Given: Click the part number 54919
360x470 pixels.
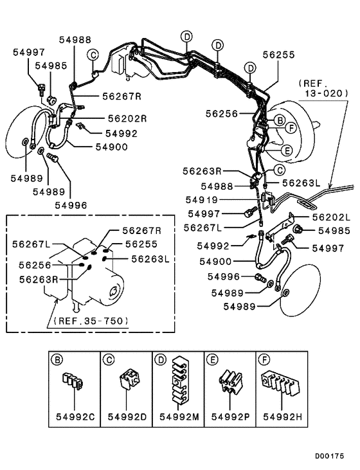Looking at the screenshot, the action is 201,199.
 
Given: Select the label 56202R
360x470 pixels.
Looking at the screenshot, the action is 127,118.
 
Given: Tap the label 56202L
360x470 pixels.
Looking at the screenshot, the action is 331,217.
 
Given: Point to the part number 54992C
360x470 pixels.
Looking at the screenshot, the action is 75,417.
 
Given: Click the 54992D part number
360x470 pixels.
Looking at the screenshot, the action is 127,417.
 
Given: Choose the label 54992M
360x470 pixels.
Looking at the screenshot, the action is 179,417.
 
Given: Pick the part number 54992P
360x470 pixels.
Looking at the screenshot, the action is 231,417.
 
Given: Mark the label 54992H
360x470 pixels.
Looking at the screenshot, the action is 283,417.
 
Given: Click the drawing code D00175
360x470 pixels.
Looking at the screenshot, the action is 329,456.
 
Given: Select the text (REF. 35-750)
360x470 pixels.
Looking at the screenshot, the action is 91,321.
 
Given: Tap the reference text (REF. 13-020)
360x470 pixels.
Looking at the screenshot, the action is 324,89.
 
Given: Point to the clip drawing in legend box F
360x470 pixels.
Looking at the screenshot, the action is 281,384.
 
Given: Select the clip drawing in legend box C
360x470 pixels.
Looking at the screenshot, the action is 129,380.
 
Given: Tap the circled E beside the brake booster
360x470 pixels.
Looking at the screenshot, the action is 287,150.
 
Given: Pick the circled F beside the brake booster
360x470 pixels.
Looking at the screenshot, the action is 291,129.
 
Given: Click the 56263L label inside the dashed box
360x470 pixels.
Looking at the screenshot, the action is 150,258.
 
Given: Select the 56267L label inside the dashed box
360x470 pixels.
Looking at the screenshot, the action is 32,244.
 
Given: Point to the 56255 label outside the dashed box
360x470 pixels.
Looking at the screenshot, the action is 279,55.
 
